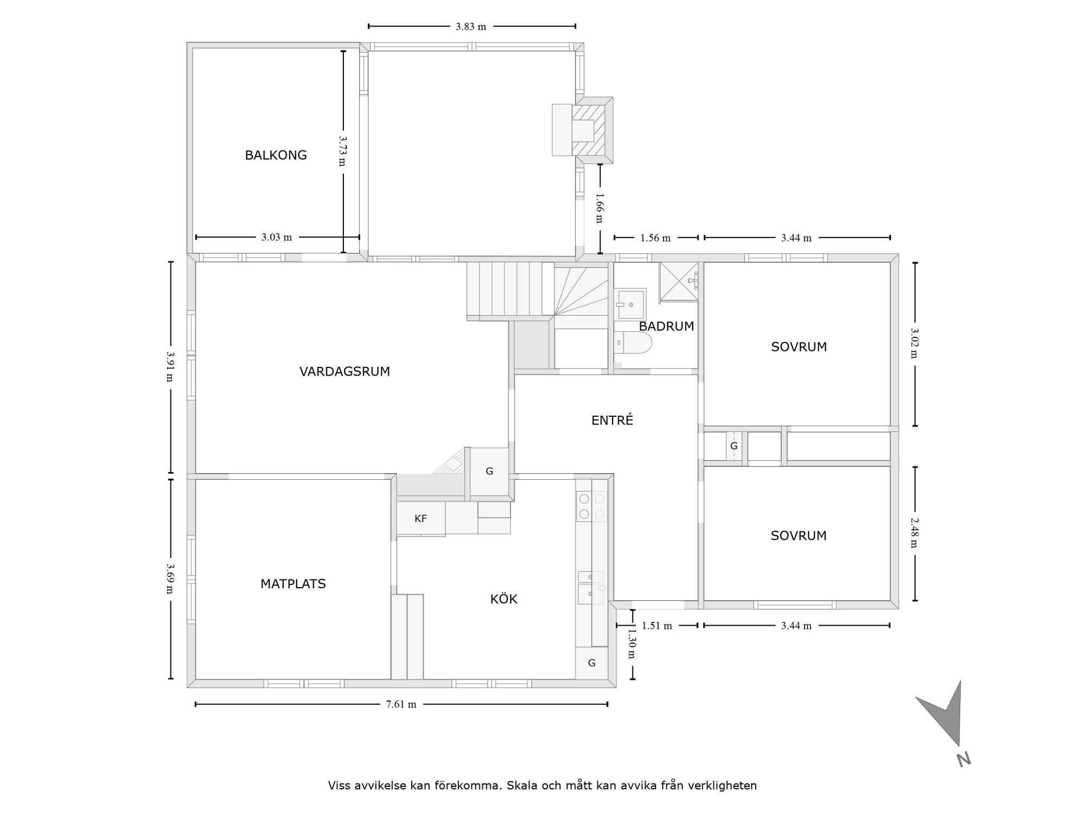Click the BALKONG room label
(x=276, y=155)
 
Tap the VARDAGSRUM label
(x=344, y=372)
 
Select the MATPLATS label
(x=293, y=584)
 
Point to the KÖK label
(x=503, y=599)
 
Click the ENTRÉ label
(x=612, y=420)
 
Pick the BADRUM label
(x=666, y=326)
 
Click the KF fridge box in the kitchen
(x=421, y=519)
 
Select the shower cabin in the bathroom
(x=679, y=282)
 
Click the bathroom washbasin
(x=631, y=304)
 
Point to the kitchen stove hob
(x=591, y=506)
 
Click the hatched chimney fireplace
(x=588, y=130)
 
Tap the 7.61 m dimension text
(x=401, y=704)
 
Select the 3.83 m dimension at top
(x=471, y=27)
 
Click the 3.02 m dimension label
(x=914, y=343)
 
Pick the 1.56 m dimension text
(x=655, y=238)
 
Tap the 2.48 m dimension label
(x=914, y=533)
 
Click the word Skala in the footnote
(x=522, y=785)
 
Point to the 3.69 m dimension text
(x=170, y=578)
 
